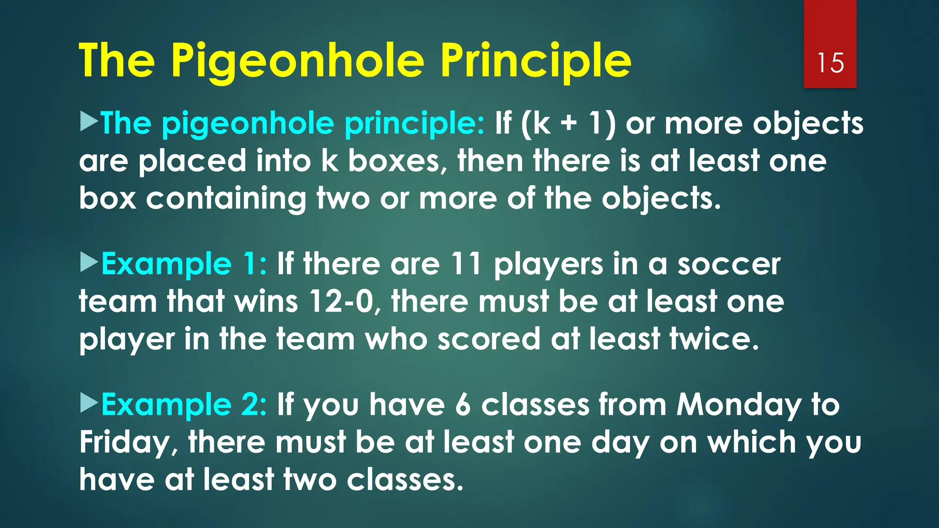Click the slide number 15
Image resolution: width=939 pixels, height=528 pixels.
[830, 63]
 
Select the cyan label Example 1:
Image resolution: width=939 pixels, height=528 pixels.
[183, 264]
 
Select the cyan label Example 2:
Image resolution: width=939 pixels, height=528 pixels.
[183, 405]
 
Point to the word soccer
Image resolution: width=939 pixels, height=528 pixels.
[729, 264]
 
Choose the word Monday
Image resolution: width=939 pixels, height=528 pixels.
[739, 405]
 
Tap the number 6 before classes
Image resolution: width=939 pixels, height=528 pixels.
[463, 405]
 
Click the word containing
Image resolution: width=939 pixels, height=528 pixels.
[226, 199]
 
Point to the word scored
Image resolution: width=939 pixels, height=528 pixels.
[489, 339]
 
